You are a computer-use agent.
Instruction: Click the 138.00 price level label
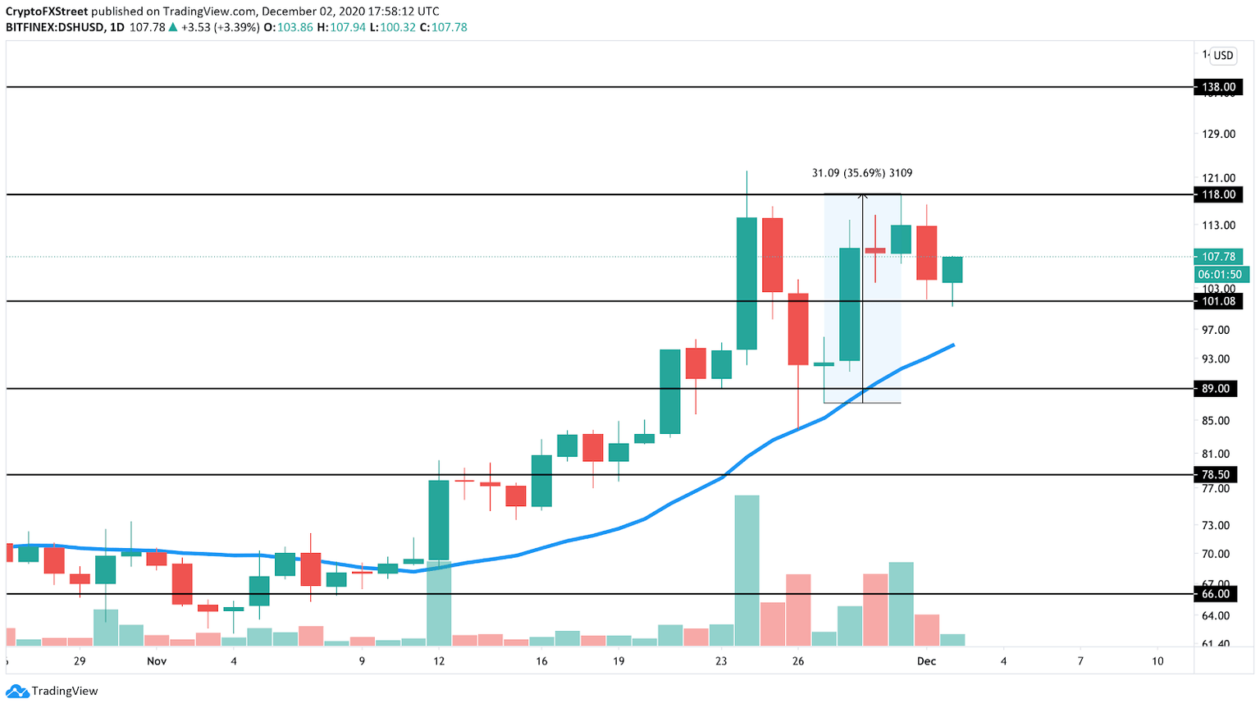[x=1218, y=87]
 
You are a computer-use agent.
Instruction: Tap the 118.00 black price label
[x=1218, y=194]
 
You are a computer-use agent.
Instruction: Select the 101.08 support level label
[x=1218, y=301]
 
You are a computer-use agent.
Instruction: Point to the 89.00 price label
[x=1218, y=389]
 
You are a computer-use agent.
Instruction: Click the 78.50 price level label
[x=1218, y=475]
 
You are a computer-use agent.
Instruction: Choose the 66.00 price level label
[x=1218, y=594]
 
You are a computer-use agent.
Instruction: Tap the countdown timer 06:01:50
[x=1220, y=275]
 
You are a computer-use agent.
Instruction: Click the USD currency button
[x=1223, y=56]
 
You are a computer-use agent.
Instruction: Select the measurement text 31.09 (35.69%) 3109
[x=861, y=173]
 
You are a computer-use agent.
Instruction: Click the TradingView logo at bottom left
[x=52, y=691]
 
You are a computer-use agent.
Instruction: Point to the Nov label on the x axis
[x=157, y=661]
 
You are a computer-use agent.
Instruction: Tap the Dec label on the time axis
[x=926, y=661]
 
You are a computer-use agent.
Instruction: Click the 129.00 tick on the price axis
[x=1218, y=135]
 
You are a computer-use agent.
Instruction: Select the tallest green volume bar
[x=746, y=570]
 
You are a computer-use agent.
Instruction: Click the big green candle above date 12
[x=439, y=520]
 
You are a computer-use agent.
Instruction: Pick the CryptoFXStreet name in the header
[x=47, y=11]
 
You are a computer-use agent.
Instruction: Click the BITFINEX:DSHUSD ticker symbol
[x=54, y=27]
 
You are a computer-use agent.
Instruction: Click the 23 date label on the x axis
[x=720, y=661]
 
